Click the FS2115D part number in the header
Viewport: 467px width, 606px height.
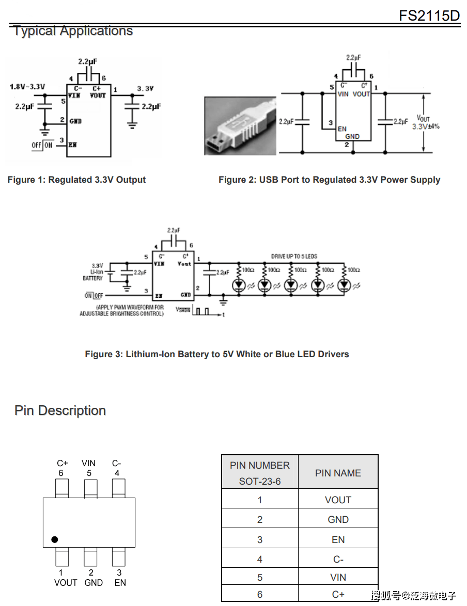point(429,15)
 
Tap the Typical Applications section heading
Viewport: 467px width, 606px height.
point(73,31)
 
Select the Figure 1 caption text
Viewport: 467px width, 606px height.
point(76,180)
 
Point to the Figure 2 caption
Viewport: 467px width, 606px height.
point(329,180)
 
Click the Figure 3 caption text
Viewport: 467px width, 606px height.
point(217,354)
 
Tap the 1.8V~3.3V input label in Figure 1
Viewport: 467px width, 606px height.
point(27,87)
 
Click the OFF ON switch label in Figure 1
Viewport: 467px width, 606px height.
point(42,145)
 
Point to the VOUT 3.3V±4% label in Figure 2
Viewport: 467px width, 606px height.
point(426,122)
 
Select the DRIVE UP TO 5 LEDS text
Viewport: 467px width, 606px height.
point(294,257)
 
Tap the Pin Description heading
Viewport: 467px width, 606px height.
point(60,411)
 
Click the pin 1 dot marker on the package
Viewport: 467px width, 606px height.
point(55,539)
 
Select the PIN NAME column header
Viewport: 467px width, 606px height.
point(338,473)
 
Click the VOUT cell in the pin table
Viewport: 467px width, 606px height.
point(338,500)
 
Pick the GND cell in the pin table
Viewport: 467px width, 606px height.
point(338,520)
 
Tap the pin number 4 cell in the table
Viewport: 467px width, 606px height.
point(260,559)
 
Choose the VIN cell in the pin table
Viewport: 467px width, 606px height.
point(338,578)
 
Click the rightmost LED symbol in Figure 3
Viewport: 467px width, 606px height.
point(344,285)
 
